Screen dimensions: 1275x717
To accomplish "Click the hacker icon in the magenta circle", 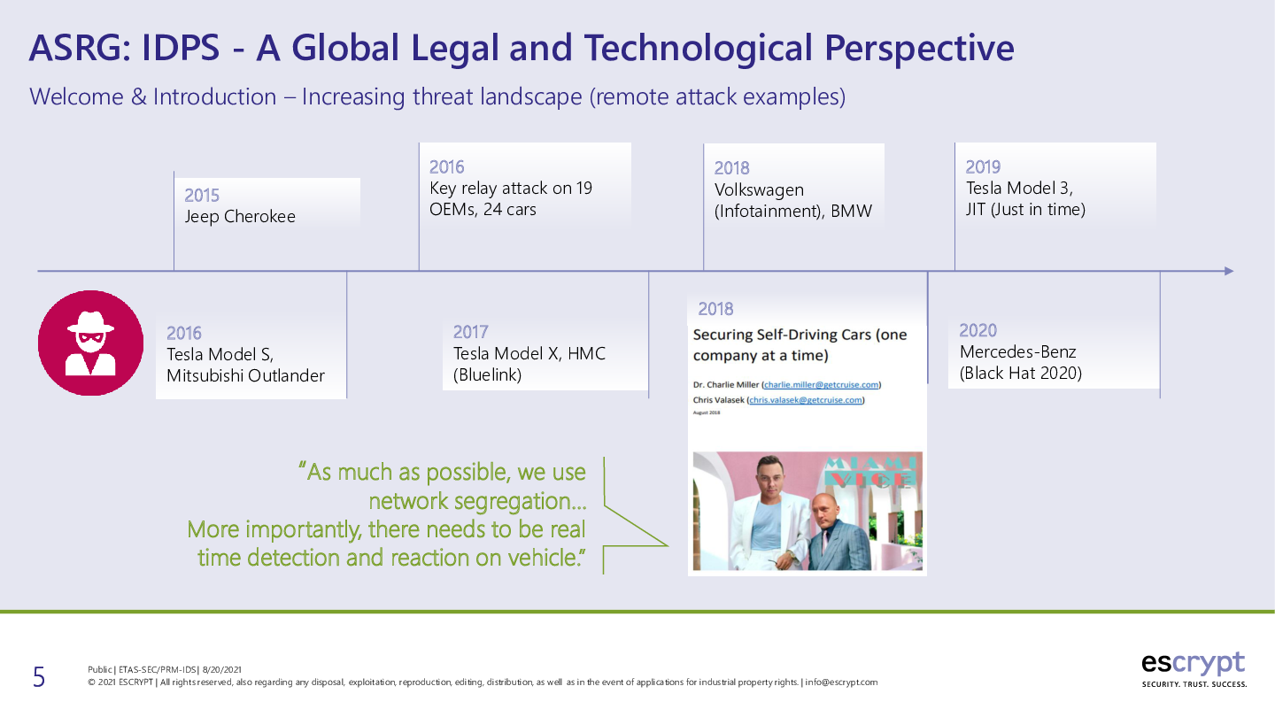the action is (90, 343).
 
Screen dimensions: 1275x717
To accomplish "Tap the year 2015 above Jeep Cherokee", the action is (202, 196).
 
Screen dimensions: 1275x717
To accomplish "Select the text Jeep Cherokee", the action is (240, 217).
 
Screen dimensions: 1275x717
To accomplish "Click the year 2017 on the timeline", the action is (470, 332).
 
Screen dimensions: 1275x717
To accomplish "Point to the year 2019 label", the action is (983, 167).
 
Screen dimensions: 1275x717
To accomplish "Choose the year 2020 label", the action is (977, 331).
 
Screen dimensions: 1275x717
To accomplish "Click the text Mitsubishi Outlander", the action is (245, 376).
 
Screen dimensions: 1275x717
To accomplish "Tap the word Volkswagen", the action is (760, 190).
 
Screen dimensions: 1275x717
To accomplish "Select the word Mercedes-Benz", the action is (1017, 352).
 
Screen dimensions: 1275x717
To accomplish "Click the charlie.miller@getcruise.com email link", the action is (821, 385).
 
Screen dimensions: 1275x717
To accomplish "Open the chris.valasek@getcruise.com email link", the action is (806, 400).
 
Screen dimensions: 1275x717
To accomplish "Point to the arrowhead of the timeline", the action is (1229, 272).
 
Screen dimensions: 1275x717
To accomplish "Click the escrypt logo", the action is (1194, 669).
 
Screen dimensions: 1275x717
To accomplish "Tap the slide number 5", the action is (39, 677).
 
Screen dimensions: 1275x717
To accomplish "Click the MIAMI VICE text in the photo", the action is (871, 472).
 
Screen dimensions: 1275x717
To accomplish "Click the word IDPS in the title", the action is (181, 47).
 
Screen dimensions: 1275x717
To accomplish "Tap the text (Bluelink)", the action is (487, 375).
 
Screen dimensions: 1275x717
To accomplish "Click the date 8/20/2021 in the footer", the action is (222, 670).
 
